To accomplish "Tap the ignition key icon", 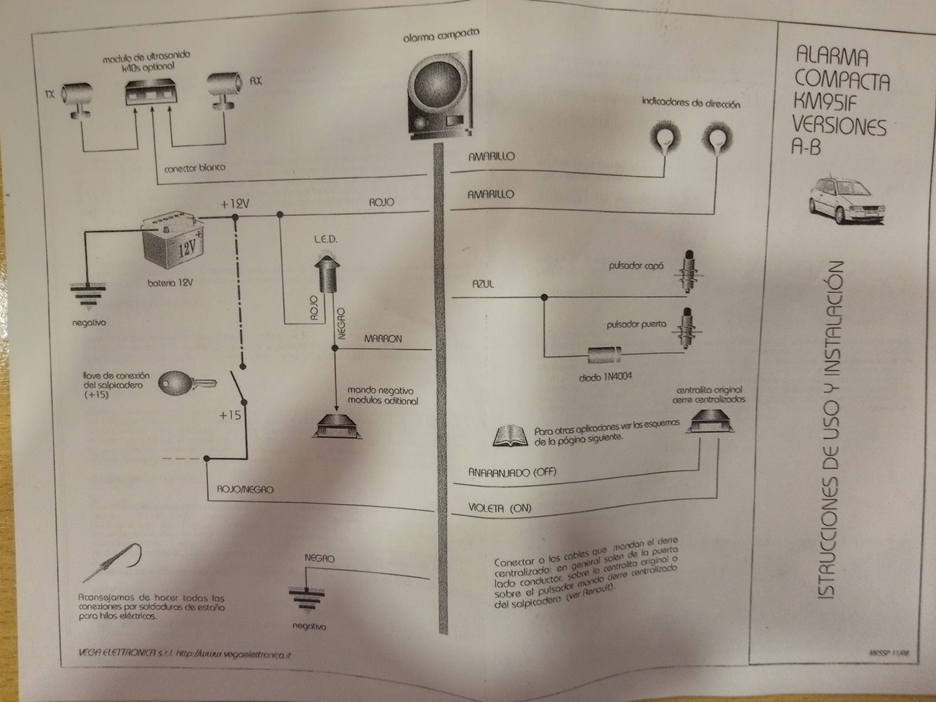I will point(186,383).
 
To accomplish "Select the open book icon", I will point(510,435).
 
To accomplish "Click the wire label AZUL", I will point(484,284).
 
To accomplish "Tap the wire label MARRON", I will point(383,339).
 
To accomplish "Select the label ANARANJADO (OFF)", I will point(512,473).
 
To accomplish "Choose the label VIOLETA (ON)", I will point(500,508).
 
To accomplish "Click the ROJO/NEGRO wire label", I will point(245,489).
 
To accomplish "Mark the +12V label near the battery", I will point(234,204).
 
